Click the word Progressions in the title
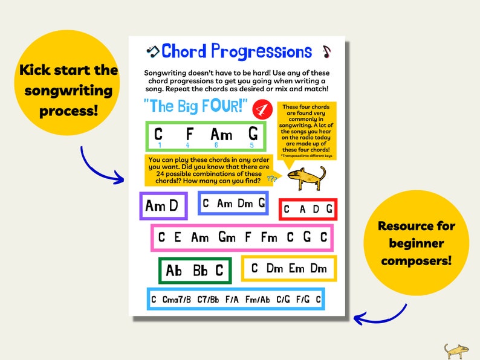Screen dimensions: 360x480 click(x=261, y=52)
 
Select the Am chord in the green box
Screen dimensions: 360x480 click(x=221, y=135)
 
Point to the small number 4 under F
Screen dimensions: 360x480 click(x=188, y=146)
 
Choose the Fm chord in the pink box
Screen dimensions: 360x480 click(x=269, y=237)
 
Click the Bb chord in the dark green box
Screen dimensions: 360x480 click(x=200, y=270)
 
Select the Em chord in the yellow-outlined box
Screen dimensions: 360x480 click(x=296, y=269)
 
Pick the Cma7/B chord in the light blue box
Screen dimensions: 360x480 click(x=177, y=300)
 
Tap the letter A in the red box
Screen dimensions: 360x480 click(x=300, y=210)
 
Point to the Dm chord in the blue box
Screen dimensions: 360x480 click(x=245, y=204)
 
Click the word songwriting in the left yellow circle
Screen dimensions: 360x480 click(x=68, y=91)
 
